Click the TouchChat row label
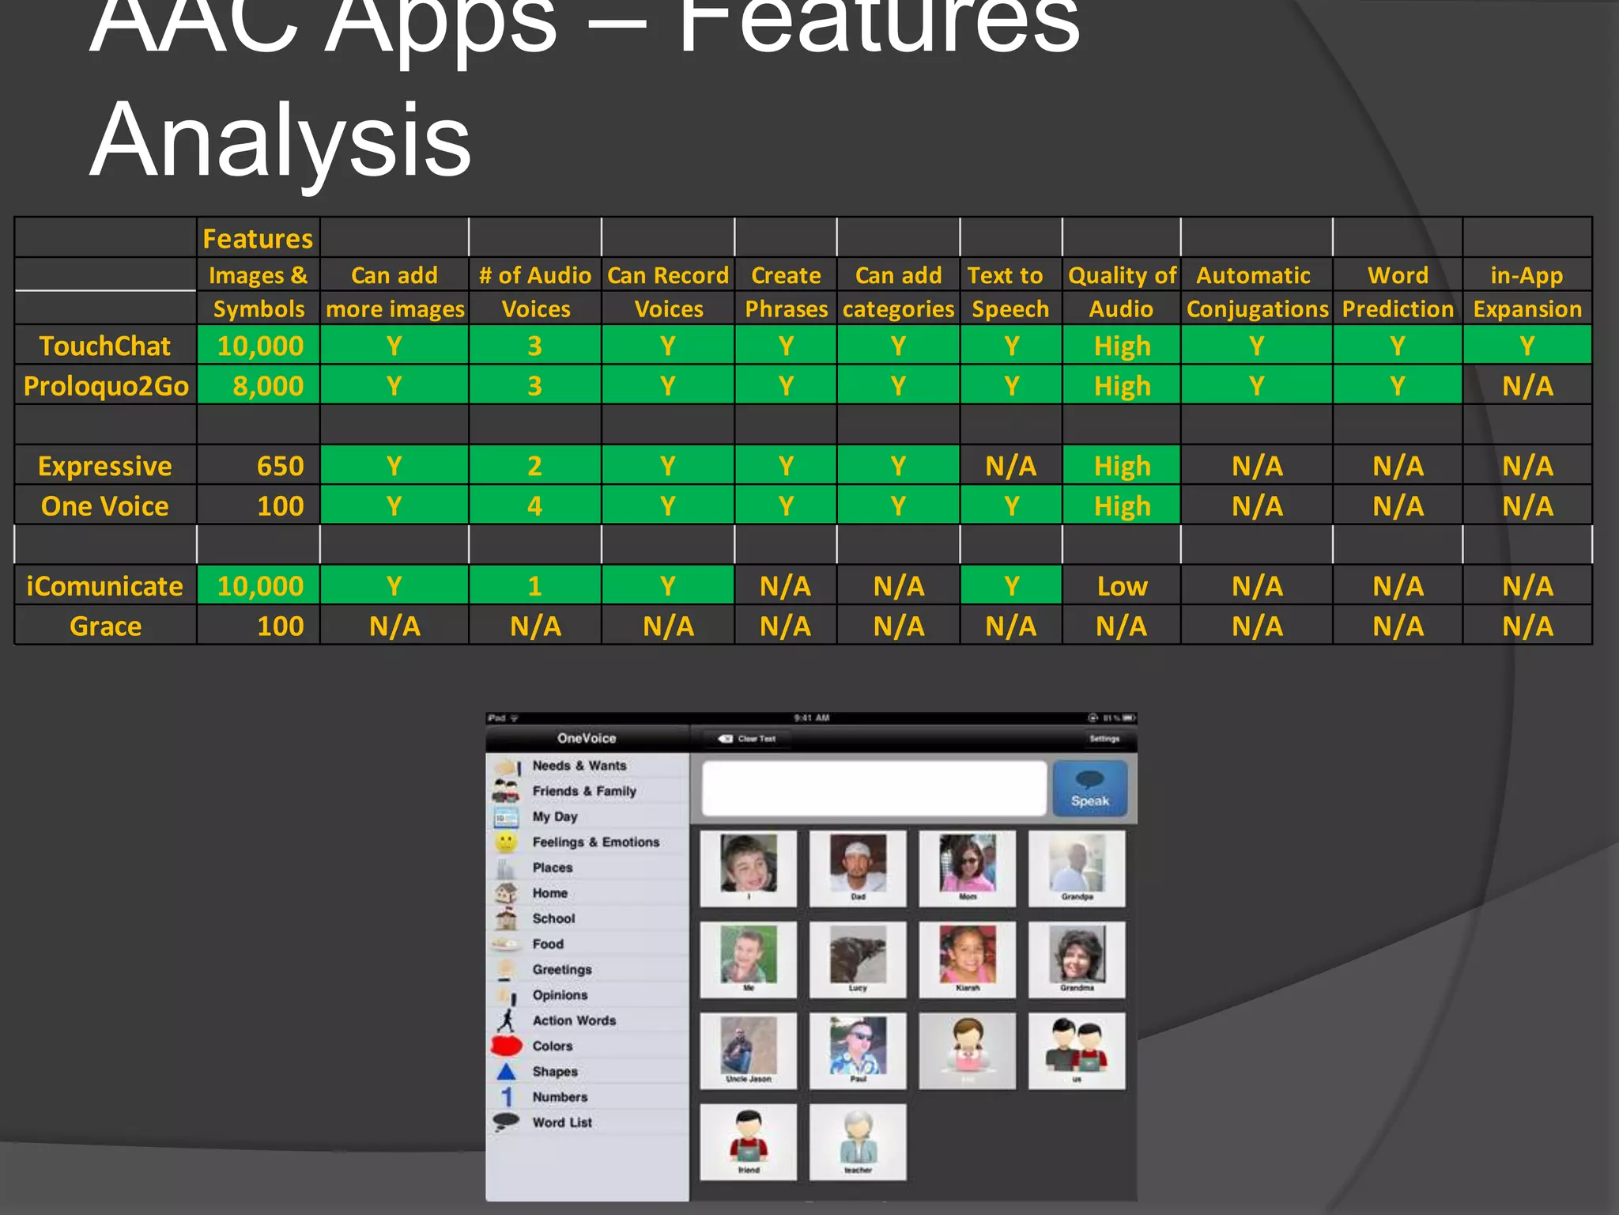(105, 346)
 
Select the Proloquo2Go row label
(106, 386)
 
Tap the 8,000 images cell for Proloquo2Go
(268, 386)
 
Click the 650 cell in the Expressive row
(280, 466)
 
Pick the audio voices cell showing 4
(534, 506)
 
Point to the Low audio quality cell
(1122, 586)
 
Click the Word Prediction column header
(1398, 292)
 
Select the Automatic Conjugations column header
(1257, 292)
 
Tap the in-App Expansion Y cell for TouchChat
(1527, 346)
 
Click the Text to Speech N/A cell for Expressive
(1010, 466)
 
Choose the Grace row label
(105, 626)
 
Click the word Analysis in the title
(281, 141)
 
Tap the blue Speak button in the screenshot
(1089, 789)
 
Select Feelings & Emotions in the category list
(595, 842)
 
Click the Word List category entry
(561, 1122)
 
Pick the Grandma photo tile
(1077, 959)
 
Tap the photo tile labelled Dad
(858, 868)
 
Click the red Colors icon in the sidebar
(507, 1046)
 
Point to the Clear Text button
(747, 739)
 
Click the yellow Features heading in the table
(258, 239)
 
